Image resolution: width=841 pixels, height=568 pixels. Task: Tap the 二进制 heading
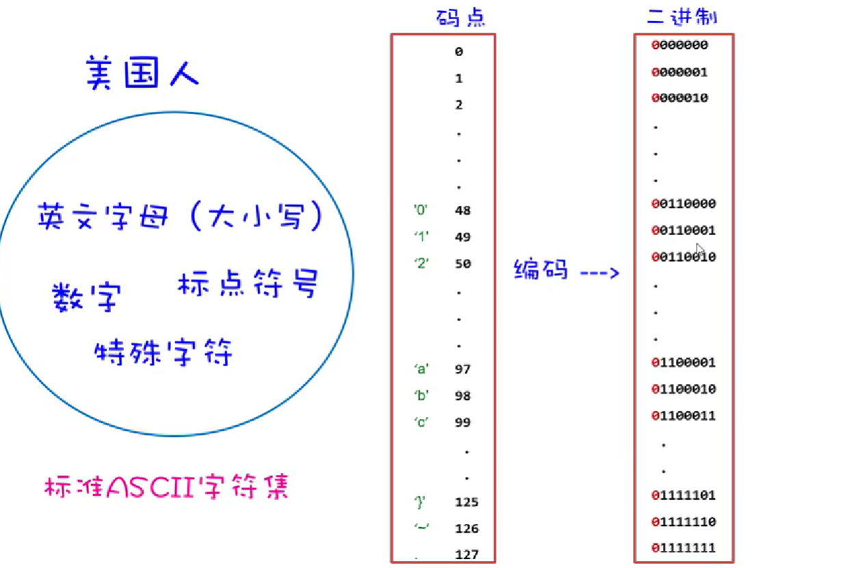682,16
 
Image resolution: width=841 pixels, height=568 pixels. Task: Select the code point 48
463,211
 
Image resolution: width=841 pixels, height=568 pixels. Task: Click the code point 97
463,370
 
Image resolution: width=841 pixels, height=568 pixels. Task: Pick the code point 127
467,555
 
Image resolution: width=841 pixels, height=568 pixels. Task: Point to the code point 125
467,503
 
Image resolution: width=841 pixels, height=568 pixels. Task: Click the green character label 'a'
422,370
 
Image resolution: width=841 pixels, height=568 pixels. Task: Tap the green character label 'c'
422,422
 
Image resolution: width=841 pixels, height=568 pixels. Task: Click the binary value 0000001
680,72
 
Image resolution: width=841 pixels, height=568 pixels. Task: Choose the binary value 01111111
684,548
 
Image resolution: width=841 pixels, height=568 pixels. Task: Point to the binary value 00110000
684,204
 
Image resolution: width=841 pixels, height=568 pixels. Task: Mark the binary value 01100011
684,416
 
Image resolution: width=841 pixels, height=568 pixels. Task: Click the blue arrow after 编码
599,273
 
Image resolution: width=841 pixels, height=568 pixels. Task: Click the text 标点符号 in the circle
248,284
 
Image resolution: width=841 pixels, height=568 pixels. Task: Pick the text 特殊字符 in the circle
164,353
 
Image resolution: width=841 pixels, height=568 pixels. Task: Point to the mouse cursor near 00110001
700,250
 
